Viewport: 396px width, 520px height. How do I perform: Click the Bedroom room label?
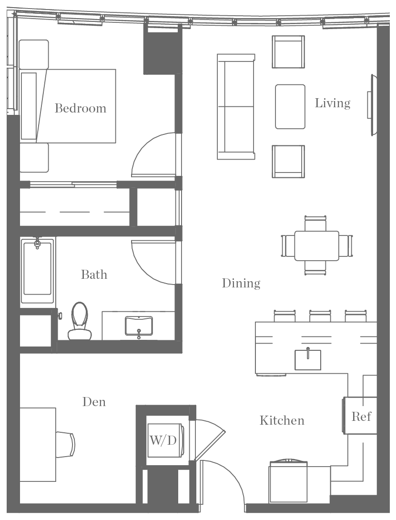[81, 108]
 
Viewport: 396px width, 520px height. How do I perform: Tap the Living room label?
[332, 103]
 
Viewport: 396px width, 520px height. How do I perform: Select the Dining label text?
[241, 283]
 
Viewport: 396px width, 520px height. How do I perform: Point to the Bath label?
[94, 275]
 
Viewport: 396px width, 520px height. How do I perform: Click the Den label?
[94, 402]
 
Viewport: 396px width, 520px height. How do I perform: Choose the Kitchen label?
[282, 420]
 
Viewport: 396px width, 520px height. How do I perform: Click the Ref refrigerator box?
[361, 416]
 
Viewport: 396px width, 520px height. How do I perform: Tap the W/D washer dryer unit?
[163, 440]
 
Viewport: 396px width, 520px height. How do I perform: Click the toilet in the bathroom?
[80, 320]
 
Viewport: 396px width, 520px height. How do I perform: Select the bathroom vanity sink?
[139, 326]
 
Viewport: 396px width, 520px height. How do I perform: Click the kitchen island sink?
[307, 359]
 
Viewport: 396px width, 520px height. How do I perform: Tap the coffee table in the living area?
[290, 106]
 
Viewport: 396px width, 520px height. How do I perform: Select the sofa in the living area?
[235, 106]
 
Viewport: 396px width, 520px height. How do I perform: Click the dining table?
[316, 245]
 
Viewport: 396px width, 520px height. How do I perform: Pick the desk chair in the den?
[66, 444]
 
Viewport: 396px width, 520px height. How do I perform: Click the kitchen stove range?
[288, 481]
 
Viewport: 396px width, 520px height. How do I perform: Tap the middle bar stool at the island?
[321, 316]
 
